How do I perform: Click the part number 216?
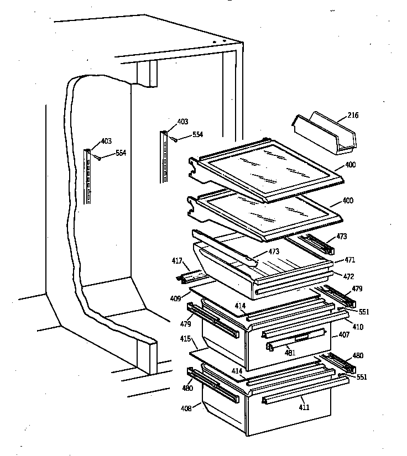352,116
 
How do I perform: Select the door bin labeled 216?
325,133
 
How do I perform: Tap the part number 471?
349,260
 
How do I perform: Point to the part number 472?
348,276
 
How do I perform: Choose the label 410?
358,327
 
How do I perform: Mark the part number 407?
344,335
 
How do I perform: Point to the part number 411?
304,407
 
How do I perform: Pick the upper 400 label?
350,165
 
